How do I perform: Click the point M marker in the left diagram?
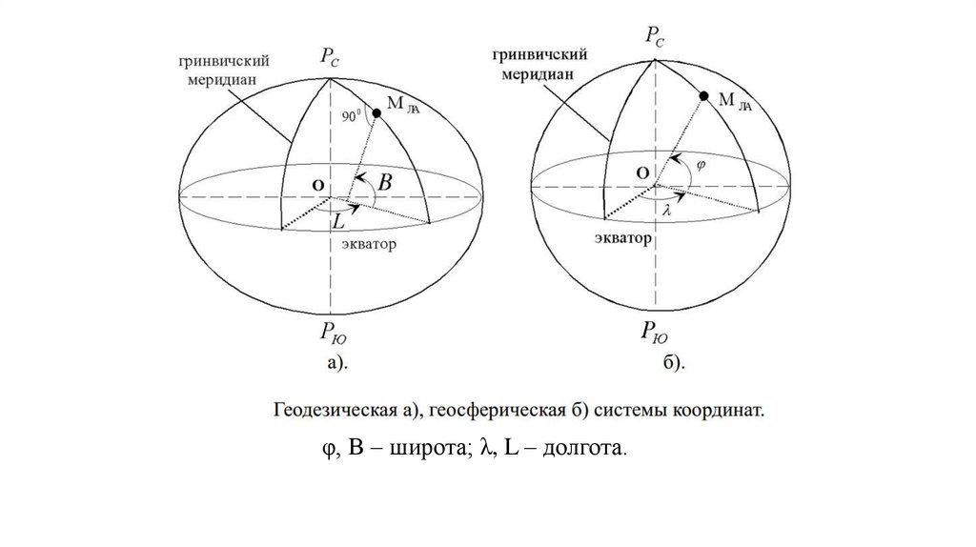point(377,113)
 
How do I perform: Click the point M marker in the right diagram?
point(703,96)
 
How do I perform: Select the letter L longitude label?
point(338,221)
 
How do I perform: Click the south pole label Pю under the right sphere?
point(655,331)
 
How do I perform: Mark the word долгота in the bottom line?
point(583,447)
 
